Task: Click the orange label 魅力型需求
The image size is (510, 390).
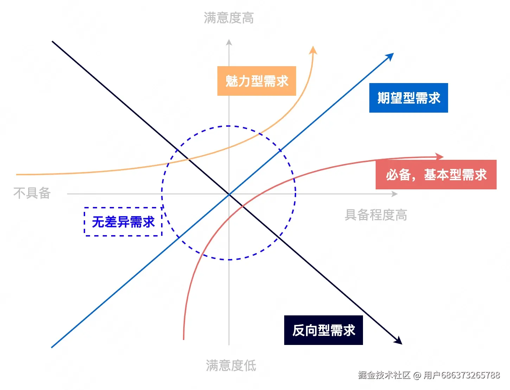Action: coord(256,81)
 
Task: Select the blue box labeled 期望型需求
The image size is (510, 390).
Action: coord(408,98)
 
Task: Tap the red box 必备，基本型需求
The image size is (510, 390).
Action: coord(436,175)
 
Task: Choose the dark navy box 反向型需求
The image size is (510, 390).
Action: coord(323,330)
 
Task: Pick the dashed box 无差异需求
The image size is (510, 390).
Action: coord(123,222)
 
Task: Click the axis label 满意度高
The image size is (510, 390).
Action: coord(229,18)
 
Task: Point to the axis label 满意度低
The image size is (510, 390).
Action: coord(231,365)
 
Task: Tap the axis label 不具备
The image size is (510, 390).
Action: coord(32,193)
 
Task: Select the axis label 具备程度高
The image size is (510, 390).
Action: coord(376,215)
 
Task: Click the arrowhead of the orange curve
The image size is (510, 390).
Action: coord(313,50)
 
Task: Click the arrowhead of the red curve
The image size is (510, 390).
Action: coord(440,157)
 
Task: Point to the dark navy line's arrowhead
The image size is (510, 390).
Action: coord(399,341)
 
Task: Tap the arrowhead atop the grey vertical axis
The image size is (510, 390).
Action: coord(229,42)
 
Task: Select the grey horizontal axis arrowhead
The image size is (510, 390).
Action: coord(395,194)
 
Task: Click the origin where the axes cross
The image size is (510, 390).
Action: coord(229,194)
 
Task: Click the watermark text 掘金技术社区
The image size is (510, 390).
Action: coord(384,375)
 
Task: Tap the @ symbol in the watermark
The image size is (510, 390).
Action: coord(417,375)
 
